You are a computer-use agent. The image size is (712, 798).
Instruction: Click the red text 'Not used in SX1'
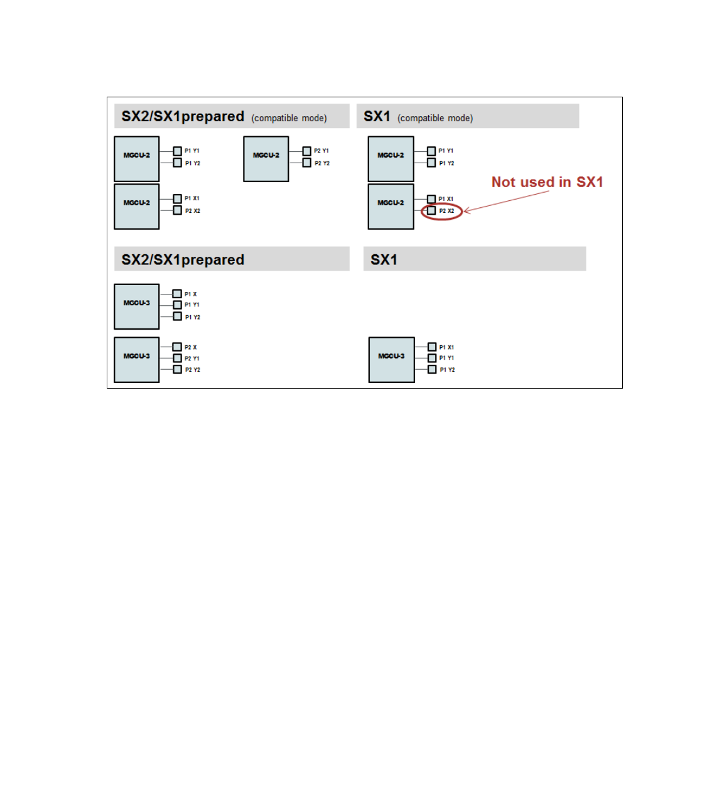[x=547, y=182]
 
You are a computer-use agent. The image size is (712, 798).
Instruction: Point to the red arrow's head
[x=465, y=211]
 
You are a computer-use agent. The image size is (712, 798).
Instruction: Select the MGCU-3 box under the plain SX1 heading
[x=391, y=359]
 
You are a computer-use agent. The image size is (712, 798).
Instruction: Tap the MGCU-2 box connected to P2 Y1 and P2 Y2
[x=266, y=159]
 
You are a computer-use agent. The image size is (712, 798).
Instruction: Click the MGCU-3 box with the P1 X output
[x=137, y=306]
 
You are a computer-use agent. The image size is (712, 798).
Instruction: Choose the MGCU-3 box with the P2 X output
[x=137, y=359]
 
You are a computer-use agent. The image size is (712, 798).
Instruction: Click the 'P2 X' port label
[x=191, y=347]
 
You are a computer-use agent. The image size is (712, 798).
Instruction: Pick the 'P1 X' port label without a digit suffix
[x=191, y=294]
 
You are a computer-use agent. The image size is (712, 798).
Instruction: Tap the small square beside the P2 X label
[x=178, y=347]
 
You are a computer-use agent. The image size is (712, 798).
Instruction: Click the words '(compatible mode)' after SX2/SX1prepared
[x=289, y=118]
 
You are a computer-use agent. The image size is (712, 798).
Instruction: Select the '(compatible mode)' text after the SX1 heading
[x=435, y=118]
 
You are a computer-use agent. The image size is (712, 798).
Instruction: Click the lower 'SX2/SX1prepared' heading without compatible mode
[x=183, y=260]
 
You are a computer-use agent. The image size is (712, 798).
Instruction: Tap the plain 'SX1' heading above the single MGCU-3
[x=384, y=260]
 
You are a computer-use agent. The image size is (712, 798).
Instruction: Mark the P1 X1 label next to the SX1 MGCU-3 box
[x=446, y=347]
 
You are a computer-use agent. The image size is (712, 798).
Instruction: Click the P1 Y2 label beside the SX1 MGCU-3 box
[x=447, y=370]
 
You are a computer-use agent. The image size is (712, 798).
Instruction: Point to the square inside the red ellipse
[x=431, y=211]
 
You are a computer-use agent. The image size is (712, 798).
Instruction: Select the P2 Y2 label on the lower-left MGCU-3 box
[x=193, y=370]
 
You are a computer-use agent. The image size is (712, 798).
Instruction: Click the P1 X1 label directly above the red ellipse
[x=446, y=199]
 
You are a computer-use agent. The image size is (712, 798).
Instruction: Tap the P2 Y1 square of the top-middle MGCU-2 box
[x=307, y=151]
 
